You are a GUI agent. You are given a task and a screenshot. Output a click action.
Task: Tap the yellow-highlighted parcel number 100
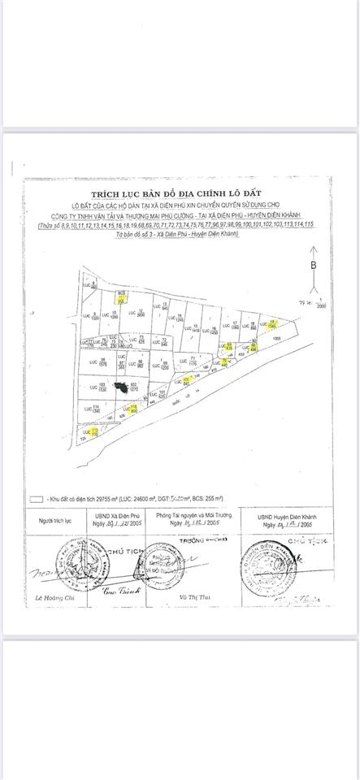186,379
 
